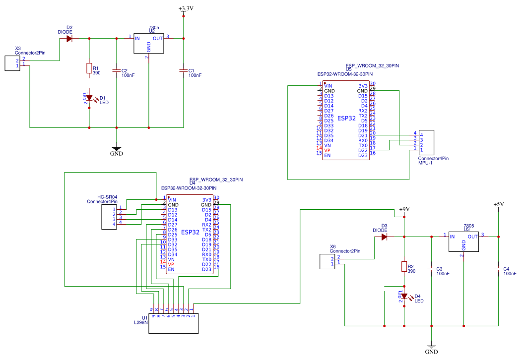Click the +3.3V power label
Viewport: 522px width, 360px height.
(186, 9)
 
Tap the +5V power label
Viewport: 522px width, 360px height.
(498, 204)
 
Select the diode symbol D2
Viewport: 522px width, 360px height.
(69, 38)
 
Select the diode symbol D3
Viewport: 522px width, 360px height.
(384, 237)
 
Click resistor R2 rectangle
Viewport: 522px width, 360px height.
(404, 267)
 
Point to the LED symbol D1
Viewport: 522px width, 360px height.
(89, 98)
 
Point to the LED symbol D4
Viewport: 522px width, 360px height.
(404, 297)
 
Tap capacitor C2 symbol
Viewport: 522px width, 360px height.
(117, 71)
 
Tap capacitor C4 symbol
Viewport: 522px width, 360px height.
(498, 269)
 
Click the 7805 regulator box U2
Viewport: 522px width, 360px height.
(148, 44)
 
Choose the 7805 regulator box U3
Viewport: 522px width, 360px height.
(463, 242)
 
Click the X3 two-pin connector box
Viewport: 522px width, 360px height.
(12, 63)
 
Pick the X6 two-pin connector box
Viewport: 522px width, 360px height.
(326, 261)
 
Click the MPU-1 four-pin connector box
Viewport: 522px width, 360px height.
(426, 142)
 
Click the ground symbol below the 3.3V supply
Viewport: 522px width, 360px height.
(117, 148)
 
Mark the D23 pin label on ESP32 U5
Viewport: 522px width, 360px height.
(363, 155)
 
